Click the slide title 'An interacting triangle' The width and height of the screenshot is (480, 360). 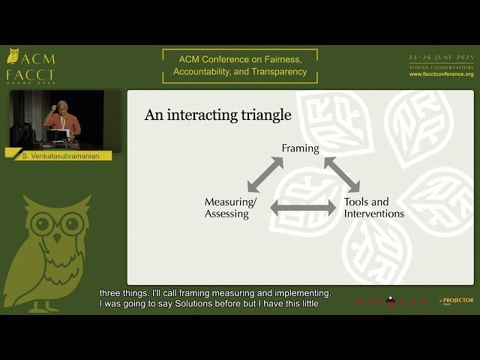217,115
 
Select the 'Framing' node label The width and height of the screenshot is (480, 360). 300,148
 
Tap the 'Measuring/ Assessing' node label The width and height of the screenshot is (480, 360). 230,208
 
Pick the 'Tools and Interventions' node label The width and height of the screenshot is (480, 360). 373,208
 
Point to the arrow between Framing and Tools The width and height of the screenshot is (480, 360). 341,175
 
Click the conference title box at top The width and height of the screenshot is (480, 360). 240,66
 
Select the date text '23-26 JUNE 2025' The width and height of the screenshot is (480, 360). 441,58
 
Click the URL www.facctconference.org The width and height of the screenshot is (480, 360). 441,74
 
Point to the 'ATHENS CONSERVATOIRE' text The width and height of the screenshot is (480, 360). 441,67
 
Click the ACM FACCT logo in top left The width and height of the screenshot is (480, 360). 30,66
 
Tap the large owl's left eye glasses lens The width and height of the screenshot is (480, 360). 44,224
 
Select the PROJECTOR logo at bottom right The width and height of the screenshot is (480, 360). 457,301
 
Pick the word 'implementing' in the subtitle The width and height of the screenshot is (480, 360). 304,293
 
